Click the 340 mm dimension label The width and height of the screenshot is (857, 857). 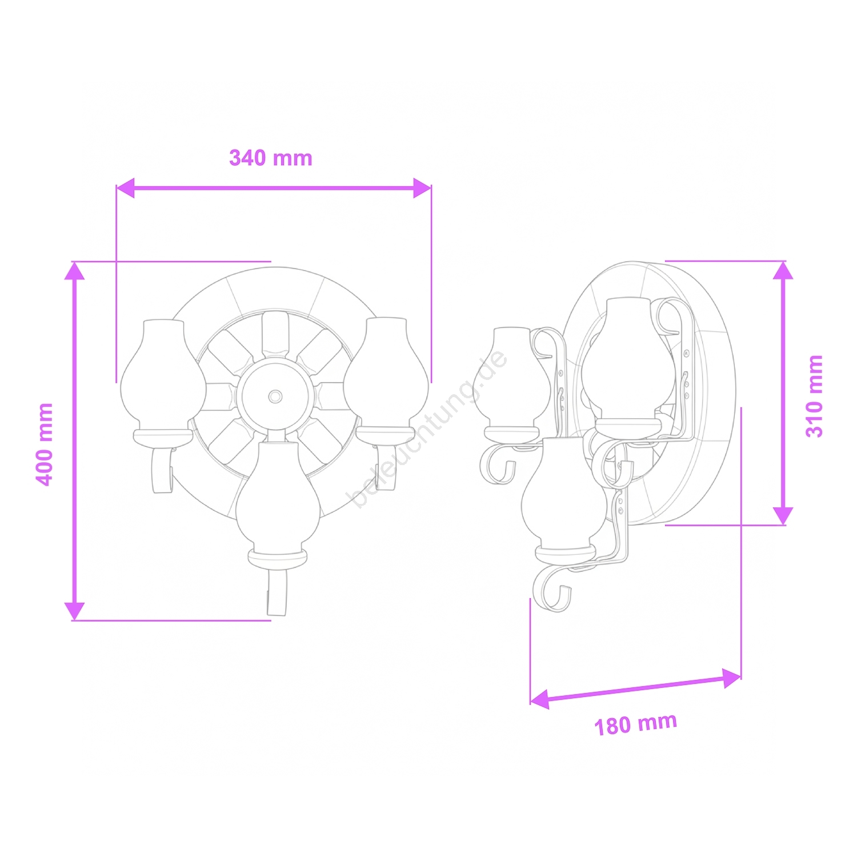tap(271, 158)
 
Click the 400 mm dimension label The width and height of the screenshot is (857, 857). tap(45, 444)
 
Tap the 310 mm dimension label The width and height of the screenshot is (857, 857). tap(814, 396)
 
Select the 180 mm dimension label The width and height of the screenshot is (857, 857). tap(636, 724)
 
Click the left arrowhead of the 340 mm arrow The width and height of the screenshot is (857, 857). tap(125, 188)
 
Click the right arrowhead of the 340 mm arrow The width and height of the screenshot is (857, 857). tap(422, 188)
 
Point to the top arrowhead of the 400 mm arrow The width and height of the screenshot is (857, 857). tap(74, 271)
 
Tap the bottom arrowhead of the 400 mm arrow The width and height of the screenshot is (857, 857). tap(74, 611)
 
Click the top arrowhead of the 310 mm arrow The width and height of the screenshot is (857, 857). tap(783, 270)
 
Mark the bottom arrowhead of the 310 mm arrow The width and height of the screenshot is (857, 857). tap(783, 515)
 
